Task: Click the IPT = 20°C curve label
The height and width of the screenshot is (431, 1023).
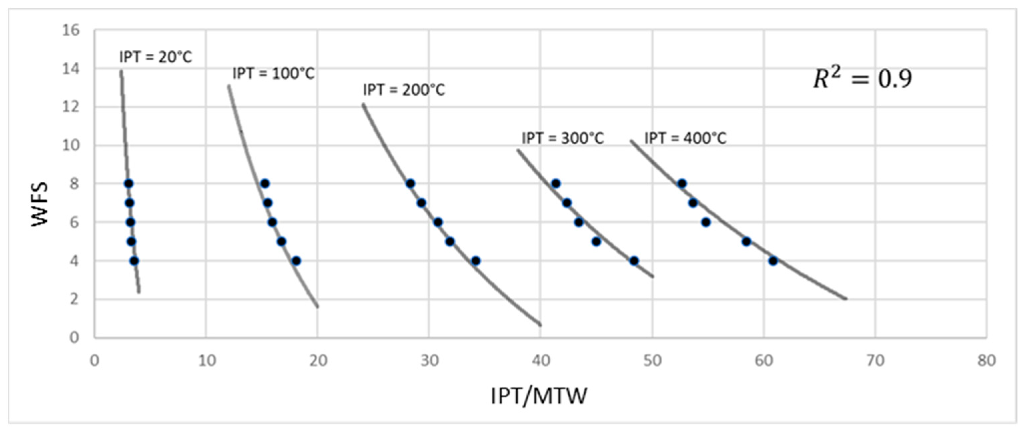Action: pyautogui.click(x=155, y=57)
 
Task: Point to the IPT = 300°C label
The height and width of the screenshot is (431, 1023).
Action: pyautogui.click(x=562, y=139)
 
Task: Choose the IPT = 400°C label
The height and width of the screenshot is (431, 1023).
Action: pyautogui.click(x=685, y=139)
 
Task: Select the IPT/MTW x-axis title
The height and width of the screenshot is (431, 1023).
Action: pyautogui.click(x=539, y=396)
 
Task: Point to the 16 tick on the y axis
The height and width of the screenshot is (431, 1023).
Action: pyautogui.click(x=71, y=30)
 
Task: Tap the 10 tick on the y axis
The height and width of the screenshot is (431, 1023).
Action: pyautogui.click(x=71, y=145)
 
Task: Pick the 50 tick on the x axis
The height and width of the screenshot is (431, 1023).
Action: pyautogui.click(x=652, y=361)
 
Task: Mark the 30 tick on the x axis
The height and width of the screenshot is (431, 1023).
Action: pyautogui.click(x=429, y=361)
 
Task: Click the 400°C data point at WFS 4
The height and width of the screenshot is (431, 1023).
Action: pyautogui.click(x=773, y=261)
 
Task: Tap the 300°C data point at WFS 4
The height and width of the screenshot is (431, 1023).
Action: pyautogui.click(x=634, y=261)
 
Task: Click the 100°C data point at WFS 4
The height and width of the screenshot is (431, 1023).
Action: pyautogui.click(x=296, y=261)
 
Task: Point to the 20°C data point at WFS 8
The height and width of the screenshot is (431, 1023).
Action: pyautogui.click(x=129, y=184)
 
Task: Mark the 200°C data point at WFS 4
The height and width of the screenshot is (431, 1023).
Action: pyautogui.click(x=476, y=261)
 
